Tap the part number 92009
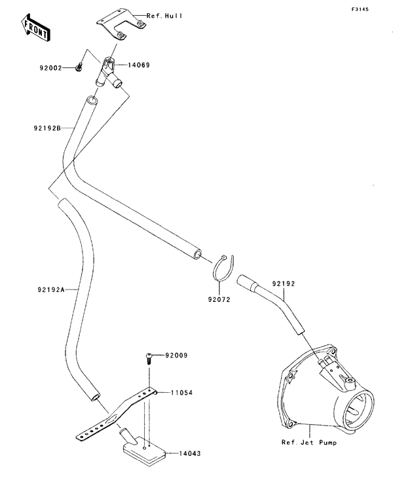tap(176, 356)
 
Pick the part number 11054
tap(181, 393)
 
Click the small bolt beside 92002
tap(79, 67)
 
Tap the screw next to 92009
tap(149, 357)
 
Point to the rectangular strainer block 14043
tap(143, 451)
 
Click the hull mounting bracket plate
tap(122, 24)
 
